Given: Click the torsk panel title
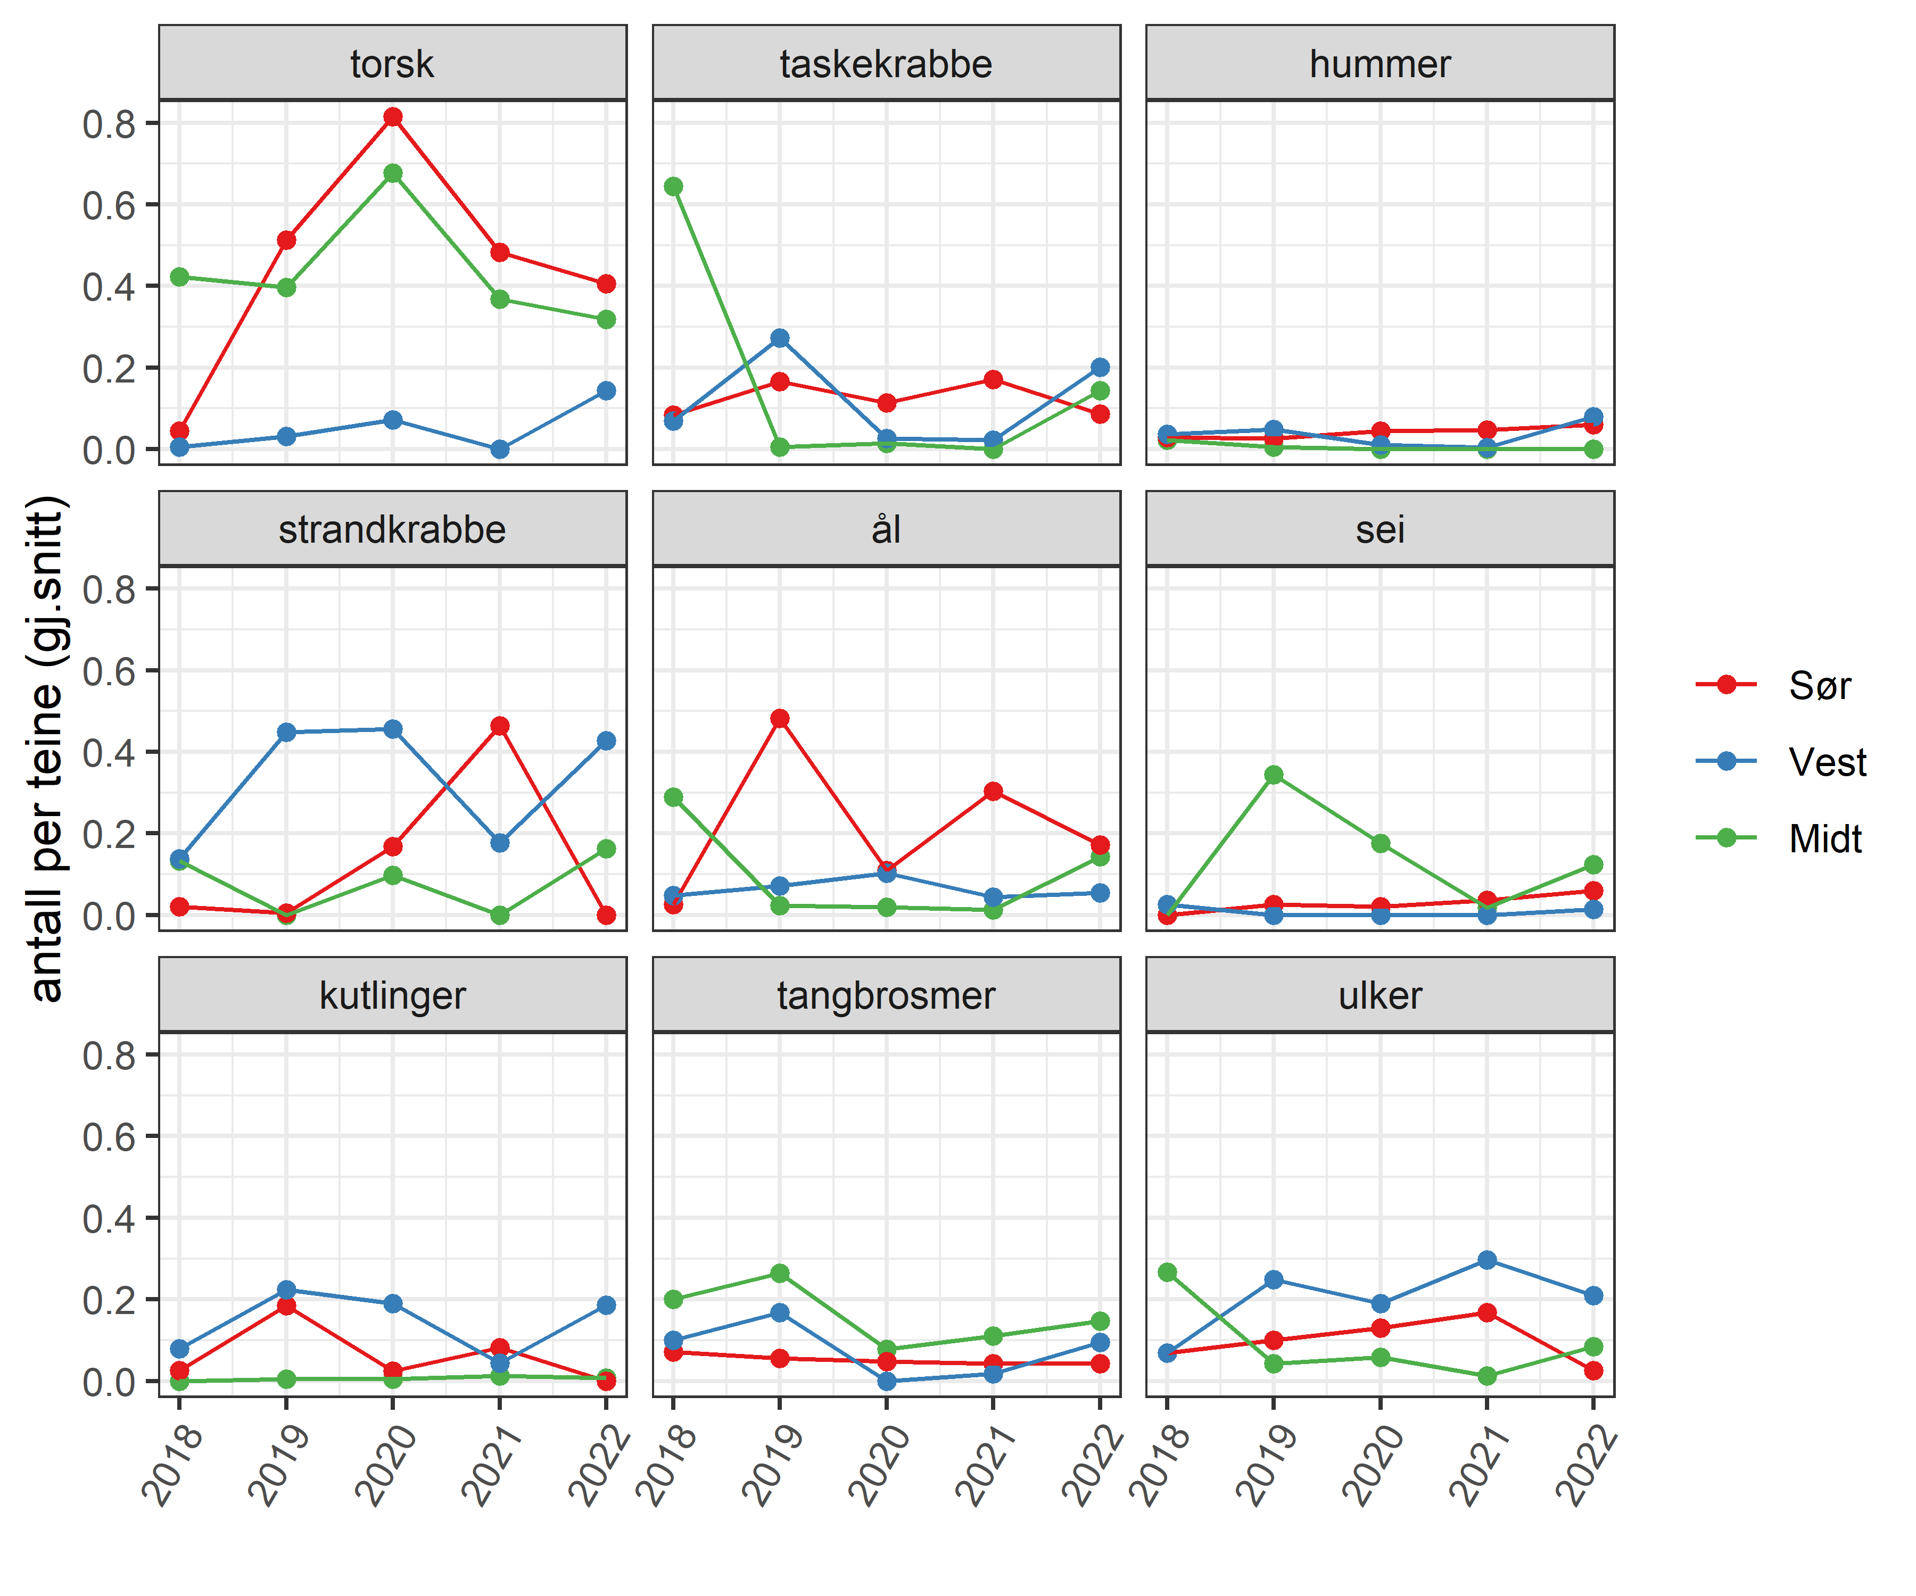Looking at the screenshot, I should pos(392,64).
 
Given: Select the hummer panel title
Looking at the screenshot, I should pos(1380,64).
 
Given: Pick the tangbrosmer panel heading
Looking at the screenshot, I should pos(886,995).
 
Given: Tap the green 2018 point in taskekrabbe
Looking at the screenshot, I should pos(673,187).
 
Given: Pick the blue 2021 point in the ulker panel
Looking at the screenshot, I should pos(1487,1259).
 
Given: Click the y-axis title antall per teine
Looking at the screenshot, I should pos(46,748).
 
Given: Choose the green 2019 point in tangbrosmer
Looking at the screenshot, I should pos(780,1273).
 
